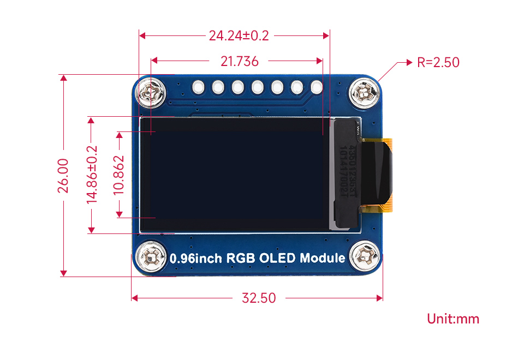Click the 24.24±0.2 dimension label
(x=239, y=36)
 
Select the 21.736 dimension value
(x=239, y=62)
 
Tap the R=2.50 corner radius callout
(x=438, y=62)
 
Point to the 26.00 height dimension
(x=63, y=176)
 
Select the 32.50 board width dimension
(x=259, y=298)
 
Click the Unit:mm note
(x=453, y=319)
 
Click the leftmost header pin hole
(x=198, y=87)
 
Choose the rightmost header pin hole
(x=317, y=87)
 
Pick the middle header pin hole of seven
(x=257, y=87)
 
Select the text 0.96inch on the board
(x=193, y=259)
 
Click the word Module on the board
(x=323, y=258)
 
